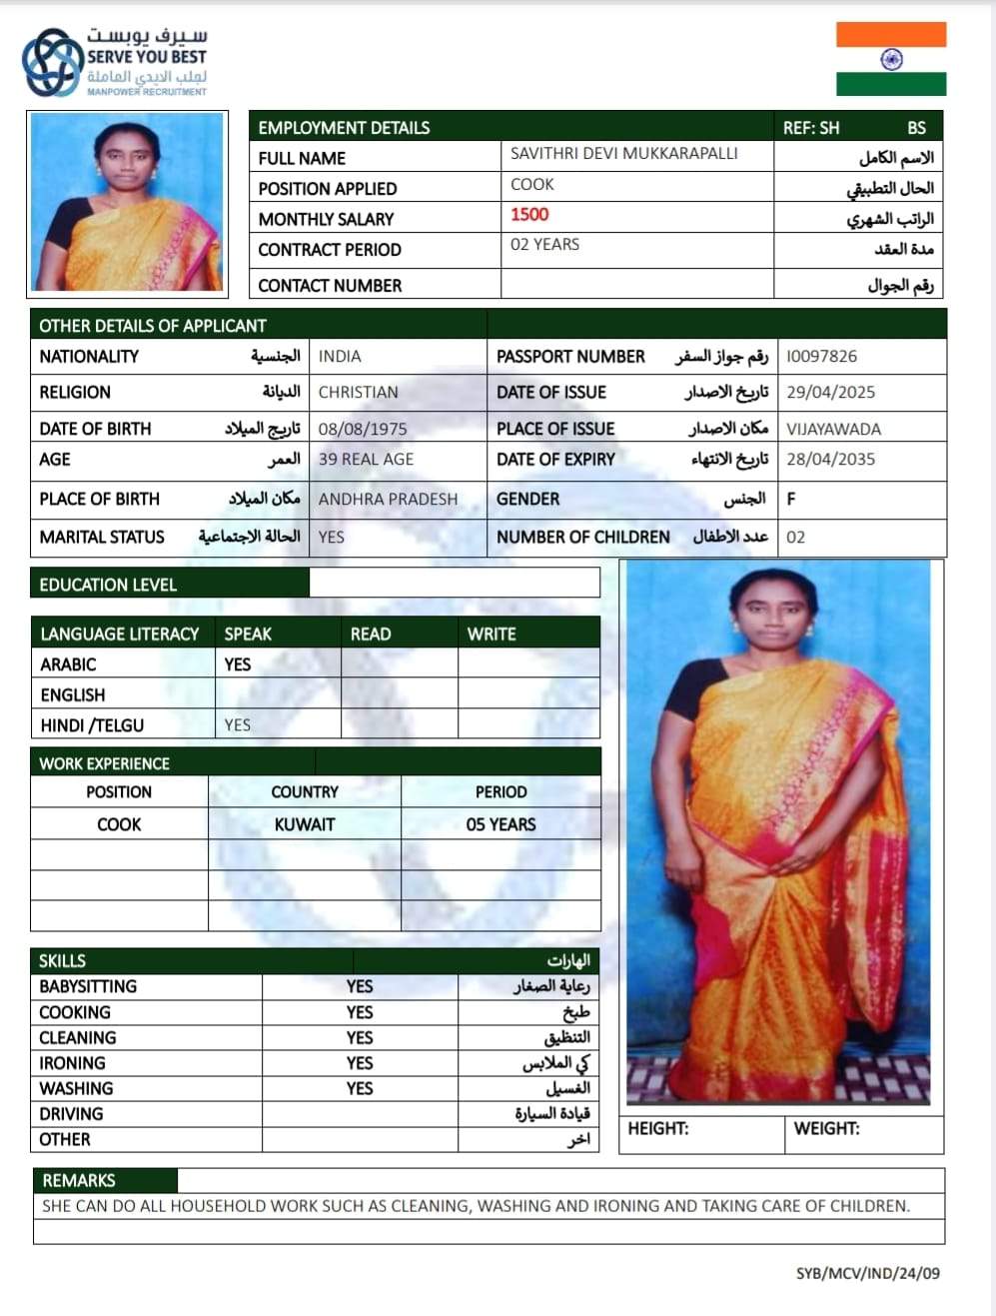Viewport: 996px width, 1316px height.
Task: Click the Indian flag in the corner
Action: click(890, 59)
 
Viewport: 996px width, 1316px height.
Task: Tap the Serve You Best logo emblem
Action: click(53, 63)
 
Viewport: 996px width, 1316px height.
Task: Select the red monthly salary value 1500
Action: click(529, 215)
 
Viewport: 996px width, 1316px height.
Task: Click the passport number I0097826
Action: click(821, 357)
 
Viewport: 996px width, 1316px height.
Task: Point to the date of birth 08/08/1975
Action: click(363, 430)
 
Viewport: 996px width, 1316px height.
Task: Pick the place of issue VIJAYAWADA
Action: click(833, 430)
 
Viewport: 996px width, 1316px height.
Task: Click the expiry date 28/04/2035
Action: click(830, 460)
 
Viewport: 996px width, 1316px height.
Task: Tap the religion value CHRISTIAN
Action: click(358, 393)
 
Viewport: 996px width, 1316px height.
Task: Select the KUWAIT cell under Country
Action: click(305, 825)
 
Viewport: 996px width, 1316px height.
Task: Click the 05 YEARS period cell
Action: click(500, 825)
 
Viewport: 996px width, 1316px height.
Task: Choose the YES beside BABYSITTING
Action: click(360, 987)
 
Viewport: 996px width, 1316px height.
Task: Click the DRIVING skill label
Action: click(71, 1114)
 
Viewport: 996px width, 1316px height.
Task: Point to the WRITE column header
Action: click(492, 635)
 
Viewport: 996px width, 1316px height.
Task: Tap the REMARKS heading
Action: click(79, 1181)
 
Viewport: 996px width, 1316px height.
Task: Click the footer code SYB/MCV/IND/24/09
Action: click(867, 1274)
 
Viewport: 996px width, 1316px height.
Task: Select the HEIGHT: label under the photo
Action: click(658, 1129)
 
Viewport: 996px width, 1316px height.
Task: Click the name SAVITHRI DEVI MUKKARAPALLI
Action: click(624, 154)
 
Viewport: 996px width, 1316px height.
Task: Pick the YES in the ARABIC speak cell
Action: click(238, 664)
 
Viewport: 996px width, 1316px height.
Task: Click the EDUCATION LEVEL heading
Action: click(108, 586)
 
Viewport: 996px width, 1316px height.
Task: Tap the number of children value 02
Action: click(795, 538)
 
